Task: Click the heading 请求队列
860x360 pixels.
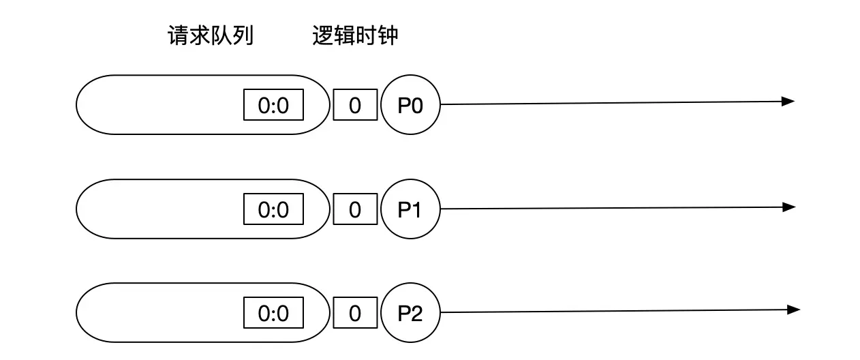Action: pos(211,36)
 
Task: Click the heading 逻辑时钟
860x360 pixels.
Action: pos(354,36)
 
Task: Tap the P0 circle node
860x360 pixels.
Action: pos(410,105)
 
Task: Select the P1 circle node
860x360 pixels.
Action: pos(410,209)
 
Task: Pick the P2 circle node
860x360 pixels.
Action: pos(410,314)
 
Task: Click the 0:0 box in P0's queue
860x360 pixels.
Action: pos(273,106)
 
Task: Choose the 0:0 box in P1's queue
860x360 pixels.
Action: pos(273,210)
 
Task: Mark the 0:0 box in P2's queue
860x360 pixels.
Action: pos(273,314)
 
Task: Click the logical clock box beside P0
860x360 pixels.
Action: pos(354,106)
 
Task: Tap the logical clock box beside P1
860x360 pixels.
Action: pos(354,210)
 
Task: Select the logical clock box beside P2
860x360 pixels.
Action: pos(354,314)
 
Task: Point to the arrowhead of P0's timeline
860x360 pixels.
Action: pos(788,102)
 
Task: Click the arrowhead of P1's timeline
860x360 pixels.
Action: pos(789,207)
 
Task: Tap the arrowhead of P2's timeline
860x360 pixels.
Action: pos(793,310)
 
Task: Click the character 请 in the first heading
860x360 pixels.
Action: pos(178,36)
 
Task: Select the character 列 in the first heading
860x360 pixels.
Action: pos(243,36)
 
